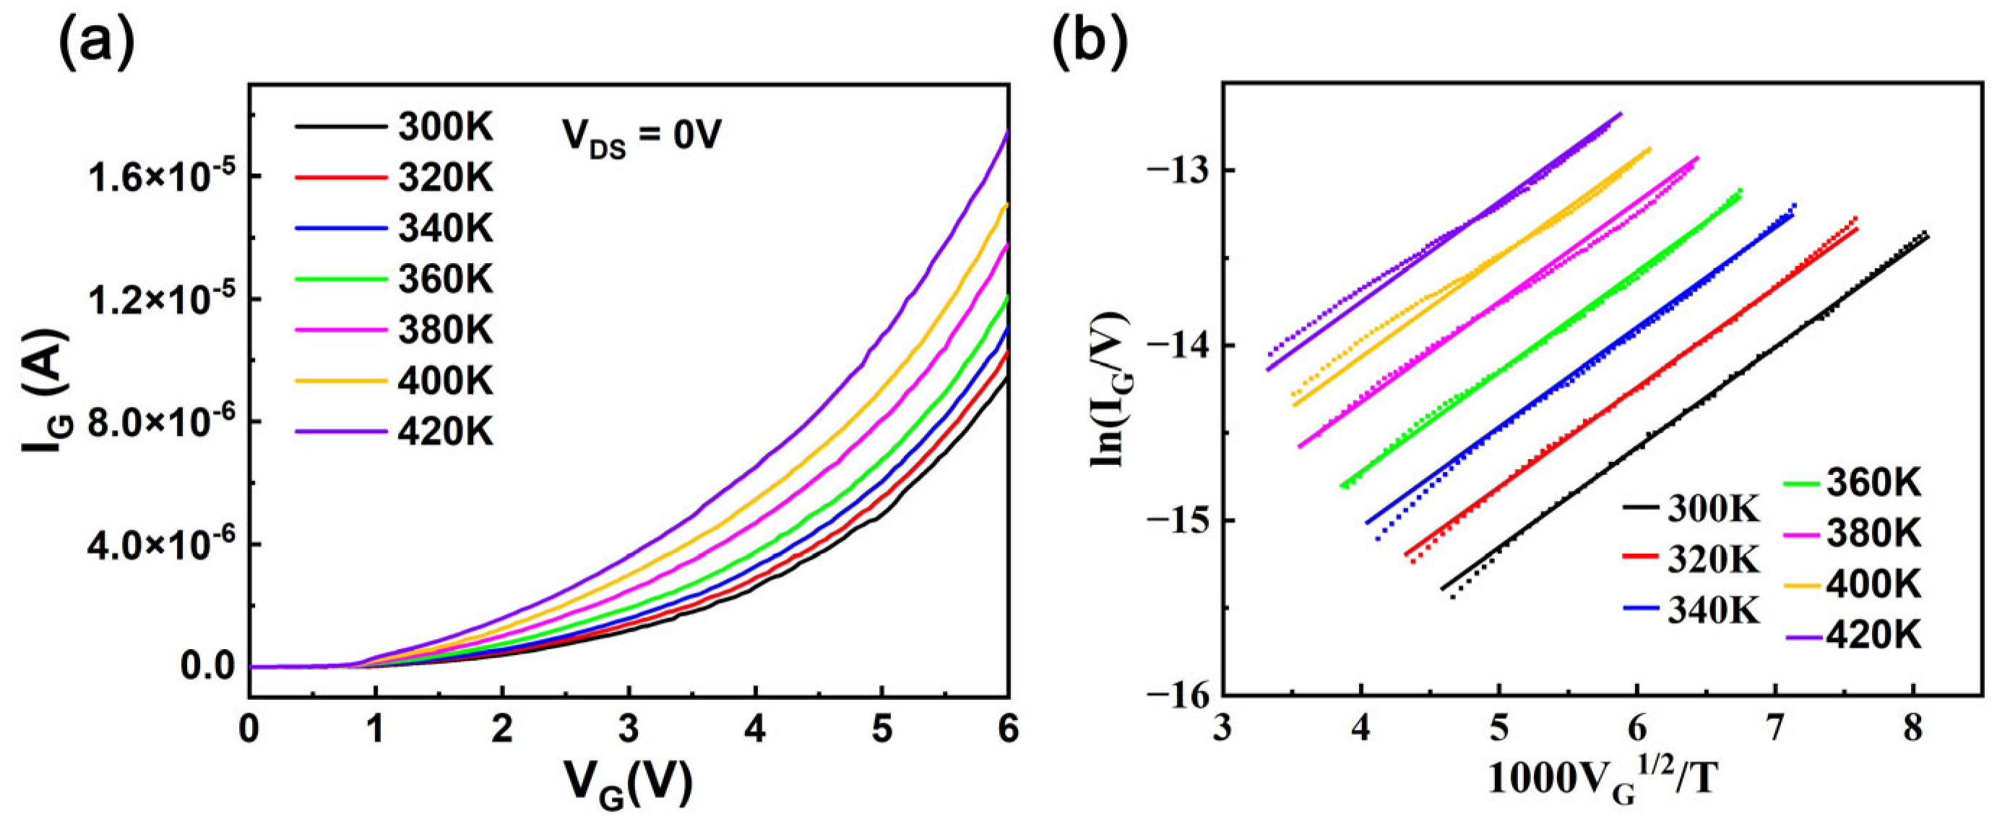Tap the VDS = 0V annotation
tap(641, 137)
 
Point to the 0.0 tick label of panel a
tap(208, 666)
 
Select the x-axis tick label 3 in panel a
tap(629, 729)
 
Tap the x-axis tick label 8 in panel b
tap(1913, 729)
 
